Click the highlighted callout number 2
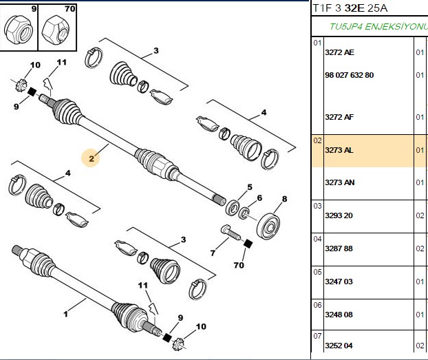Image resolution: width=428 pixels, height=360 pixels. pos(92,158)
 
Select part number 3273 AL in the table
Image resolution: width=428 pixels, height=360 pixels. pos(339,150)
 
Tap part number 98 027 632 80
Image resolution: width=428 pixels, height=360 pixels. pos(349,75)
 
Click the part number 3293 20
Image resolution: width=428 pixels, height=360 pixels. pos(339,215)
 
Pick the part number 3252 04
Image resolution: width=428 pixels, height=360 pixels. pos(339,346)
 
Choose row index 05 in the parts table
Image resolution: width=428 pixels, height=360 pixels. pos(317,272)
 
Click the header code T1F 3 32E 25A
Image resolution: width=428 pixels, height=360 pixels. pos(350,8)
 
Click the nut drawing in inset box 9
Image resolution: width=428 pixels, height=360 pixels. pos(19,29)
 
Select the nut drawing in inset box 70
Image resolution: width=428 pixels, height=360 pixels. pos(56,29)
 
